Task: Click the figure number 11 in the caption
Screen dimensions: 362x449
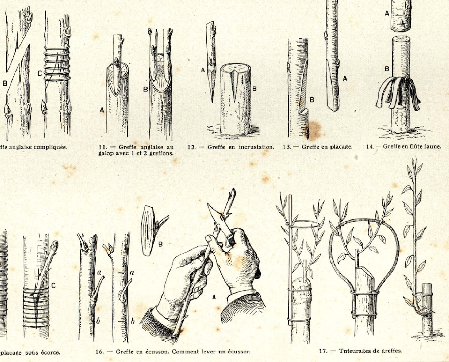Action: [102, 147]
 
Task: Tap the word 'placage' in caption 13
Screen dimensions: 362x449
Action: [341, 147]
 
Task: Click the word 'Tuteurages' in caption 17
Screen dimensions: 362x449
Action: [353, 350]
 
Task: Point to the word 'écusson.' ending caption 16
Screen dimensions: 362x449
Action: [237, 351]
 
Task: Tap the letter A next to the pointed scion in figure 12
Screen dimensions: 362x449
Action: [203, 70]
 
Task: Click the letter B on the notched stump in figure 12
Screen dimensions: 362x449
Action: [254, 89]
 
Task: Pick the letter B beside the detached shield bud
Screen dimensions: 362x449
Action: [160, 244]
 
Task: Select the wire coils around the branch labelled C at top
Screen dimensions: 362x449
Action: [57, 63]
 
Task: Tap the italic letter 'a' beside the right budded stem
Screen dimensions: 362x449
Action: [132, 273]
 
